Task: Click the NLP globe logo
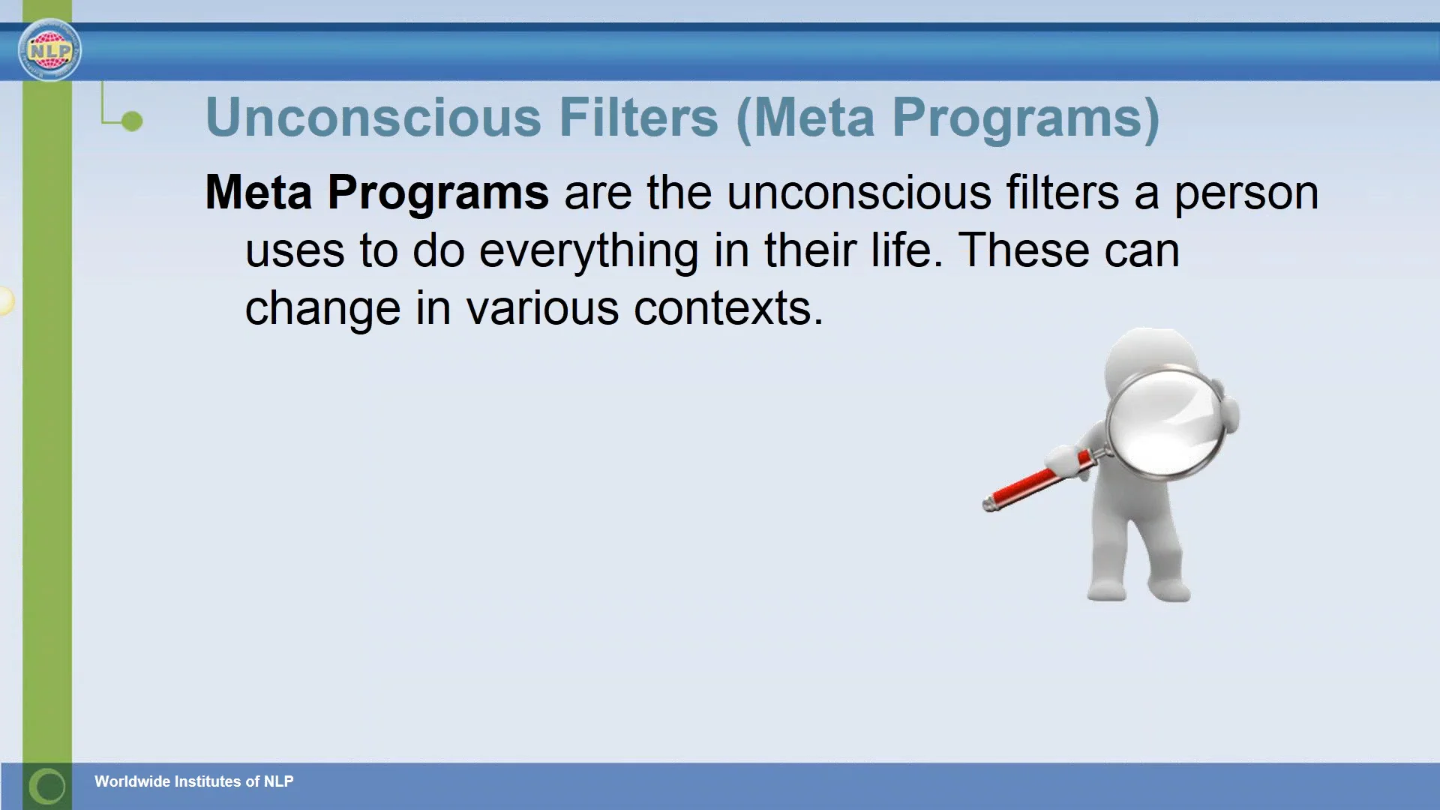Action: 49,50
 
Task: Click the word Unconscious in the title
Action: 373,118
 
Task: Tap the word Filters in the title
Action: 638,118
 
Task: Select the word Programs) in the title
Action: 1025,118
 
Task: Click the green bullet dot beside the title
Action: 132,121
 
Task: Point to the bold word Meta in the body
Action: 258,192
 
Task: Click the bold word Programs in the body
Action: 438,193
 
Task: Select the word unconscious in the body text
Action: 859,193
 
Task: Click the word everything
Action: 589,251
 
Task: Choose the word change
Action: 322,309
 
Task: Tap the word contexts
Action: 727,308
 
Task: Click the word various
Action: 542,308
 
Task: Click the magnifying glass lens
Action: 1166,424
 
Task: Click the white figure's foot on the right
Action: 1170,589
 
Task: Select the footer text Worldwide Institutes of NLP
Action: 193,781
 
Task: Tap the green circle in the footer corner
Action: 48,786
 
